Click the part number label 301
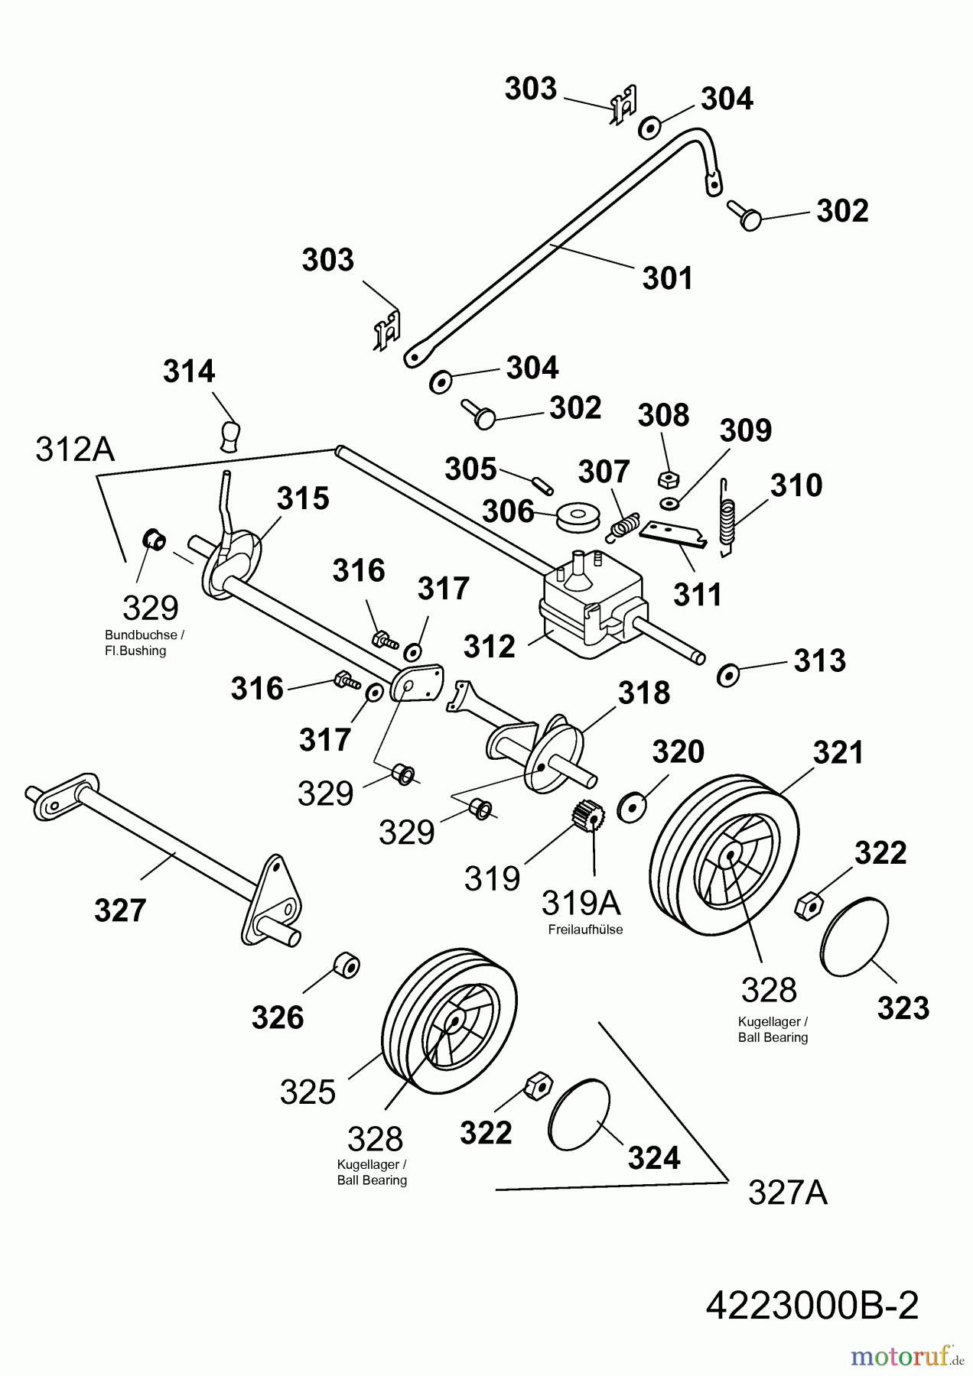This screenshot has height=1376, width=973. click(x=667, y=278)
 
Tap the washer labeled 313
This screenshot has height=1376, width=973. click(x=727, y=675)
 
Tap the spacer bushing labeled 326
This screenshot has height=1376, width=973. click(x=347, y=966)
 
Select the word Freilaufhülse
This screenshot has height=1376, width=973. click(x=585, y=930)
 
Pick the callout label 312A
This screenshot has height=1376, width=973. click(x=75, y=449)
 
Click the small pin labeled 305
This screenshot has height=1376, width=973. click(x=544, y=485)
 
